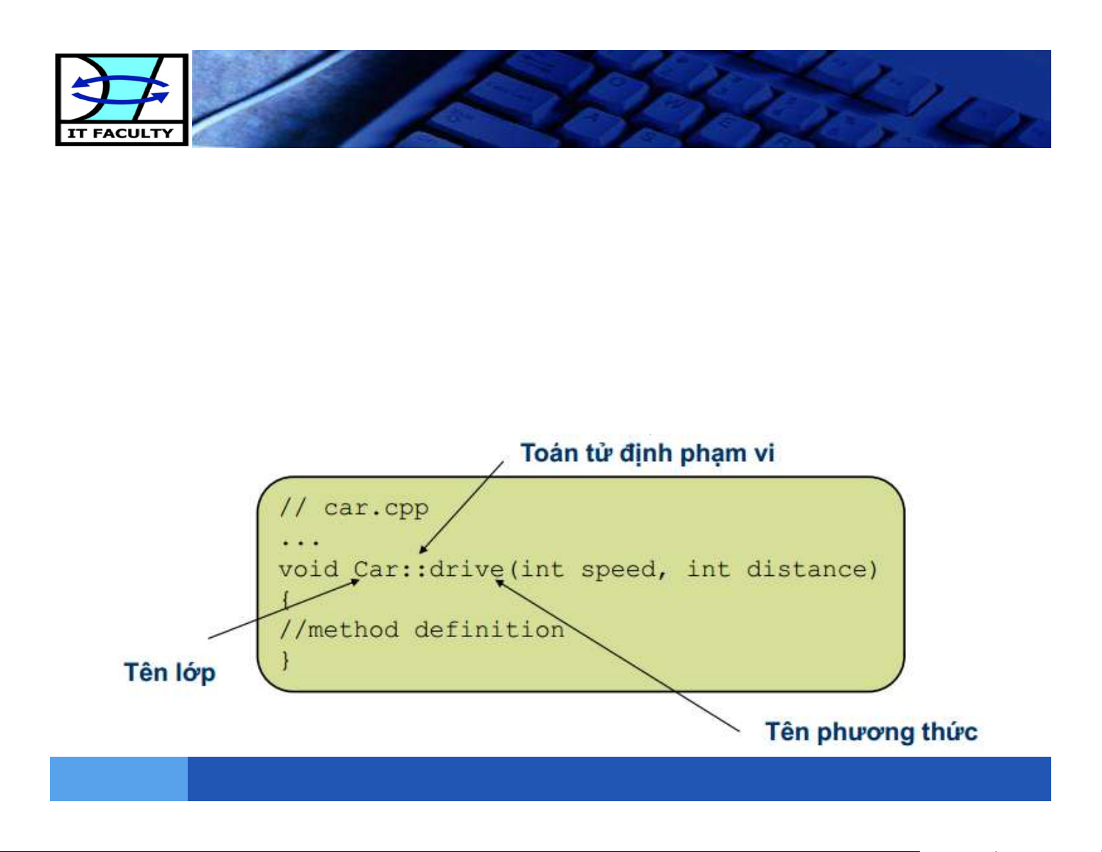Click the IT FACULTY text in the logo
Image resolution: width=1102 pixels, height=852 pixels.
tap(121, 134)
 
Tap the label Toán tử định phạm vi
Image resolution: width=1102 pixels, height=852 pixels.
tap(647, 453)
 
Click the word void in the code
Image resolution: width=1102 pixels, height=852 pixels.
tap(308, 569)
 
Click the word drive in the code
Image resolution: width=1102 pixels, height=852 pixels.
tap(467, 569)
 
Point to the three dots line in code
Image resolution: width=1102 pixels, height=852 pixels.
tap(300, 542)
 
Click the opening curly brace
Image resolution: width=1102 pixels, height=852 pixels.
tap(286, 600)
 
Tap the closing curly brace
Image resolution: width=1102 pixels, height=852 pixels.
tap(286, 660)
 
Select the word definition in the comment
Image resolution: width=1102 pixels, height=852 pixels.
tap(489, 630)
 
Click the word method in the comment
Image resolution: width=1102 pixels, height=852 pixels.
tap(353, 630)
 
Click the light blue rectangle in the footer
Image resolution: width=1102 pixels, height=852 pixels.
tap(119, 779)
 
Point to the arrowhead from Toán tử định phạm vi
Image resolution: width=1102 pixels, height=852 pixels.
tap(423, 549)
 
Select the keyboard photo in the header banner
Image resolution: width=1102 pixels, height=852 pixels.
tap(622, 99)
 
